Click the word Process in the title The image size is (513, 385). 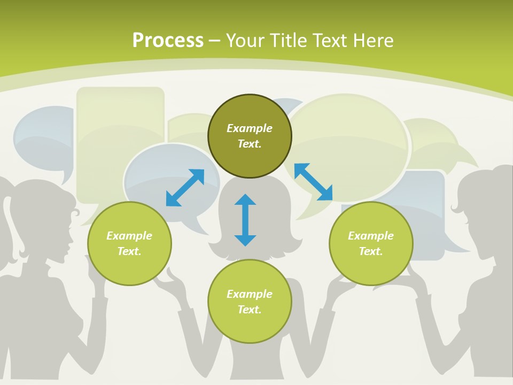click(x=168, y=41)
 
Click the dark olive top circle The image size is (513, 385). click(x=250, y=136)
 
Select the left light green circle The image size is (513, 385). click(x=129, y=244)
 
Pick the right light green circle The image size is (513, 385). click(x=371, y=244)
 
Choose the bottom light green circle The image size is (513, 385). click(x=250, y=302)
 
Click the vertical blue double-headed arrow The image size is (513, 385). click(x=245, y=220)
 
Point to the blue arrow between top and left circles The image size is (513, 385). click(x=185, y=188)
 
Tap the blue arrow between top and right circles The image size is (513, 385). click(x=314, y=182)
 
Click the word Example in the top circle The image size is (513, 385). click(x=250, y=128)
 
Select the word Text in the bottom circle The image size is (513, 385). click(x=250, y=310)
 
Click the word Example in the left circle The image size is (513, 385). click(x=129, y=236)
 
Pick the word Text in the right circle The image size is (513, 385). click(x=371, y=251)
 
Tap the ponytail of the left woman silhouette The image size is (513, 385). click(x=12, y=222)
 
